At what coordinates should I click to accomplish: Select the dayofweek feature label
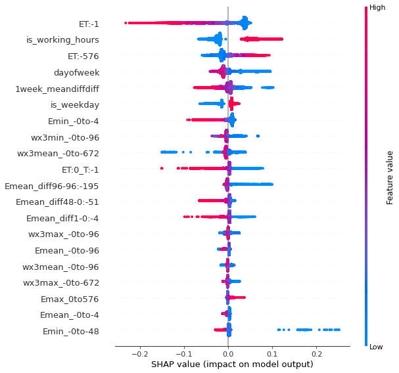(x=78, y=72)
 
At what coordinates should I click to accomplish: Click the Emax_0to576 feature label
(x=68, y=299)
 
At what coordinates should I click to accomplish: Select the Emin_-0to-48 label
(x=71, y=331)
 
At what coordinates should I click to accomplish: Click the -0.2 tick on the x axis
(x=139, y=353)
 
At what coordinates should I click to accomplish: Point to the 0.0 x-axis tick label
(x=228, y=353)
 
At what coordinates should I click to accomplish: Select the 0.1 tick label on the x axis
(x=272, y=353)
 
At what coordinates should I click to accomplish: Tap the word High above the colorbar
(x=377, y=8)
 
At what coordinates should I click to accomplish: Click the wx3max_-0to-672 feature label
(x=61, y=282)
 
